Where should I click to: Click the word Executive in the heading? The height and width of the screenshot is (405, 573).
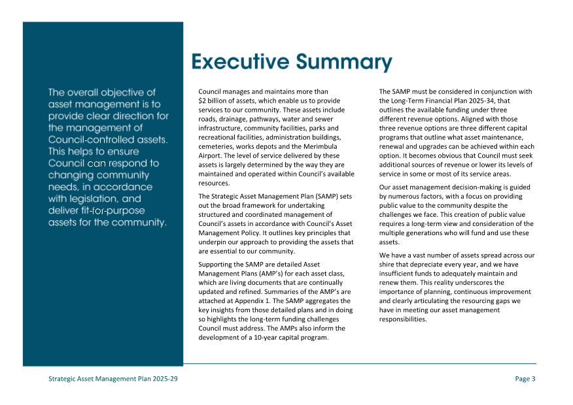pos(239,62)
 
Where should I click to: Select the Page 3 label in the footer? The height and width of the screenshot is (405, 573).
pos(525,379)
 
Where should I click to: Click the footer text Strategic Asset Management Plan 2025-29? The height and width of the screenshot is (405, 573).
pos(113,379)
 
